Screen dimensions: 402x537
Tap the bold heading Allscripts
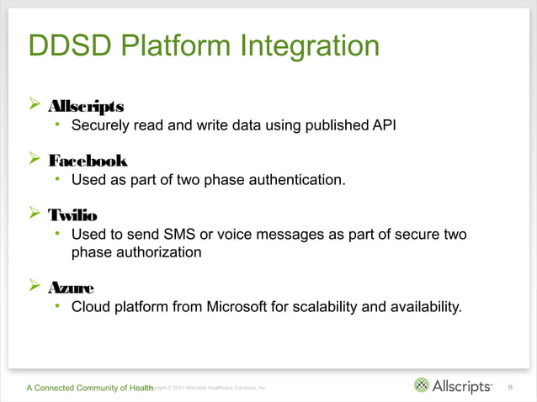[87, 107]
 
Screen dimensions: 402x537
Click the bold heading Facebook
[88, 160]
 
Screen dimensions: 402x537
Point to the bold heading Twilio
[72, 214]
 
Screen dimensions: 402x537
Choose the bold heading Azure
[71, 286]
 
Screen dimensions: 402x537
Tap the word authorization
[160, 252]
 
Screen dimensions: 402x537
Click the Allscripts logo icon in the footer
[421, 386]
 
